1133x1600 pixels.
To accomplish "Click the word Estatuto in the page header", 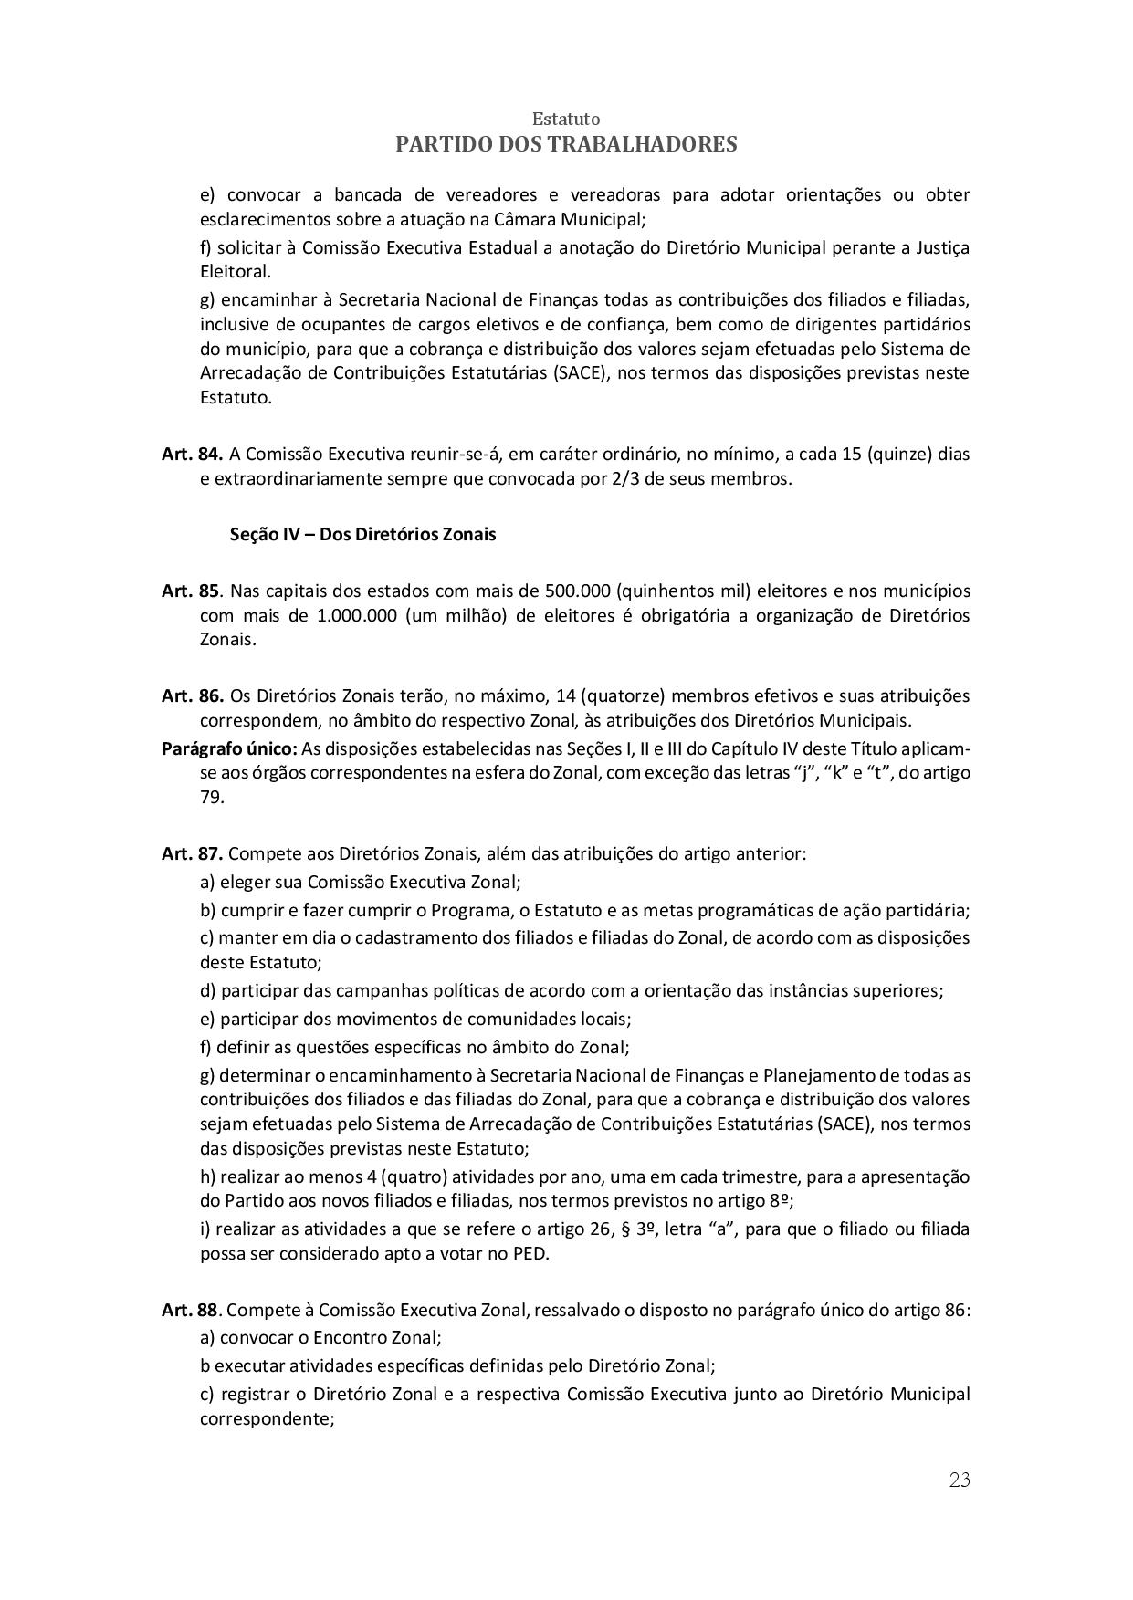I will coord(566,120).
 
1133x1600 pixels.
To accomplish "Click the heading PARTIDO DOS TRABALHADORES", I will coord(566,144).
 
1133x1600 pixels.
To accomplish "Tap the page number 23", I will coord(960,1480).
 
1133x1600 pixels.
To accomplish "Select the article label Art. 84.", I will coord(192,454).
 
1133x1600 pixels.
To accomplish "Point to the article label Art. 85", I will coord(191,591).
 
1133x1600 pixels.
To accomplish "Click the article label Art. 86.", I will coord(192,696).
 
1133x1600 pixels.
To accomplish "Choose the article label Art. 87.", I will coord(192,854).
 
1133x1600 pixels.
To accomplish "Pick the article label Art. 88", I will coord(191,1310).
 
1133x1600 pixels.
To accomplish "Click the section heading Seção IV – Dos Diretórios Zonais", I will coord(362,535).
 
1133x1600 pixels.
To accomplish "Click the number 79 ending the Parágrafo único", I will coord(211,798).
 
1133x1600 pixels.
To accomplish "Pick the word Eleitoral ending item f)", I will coord(235,271).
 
